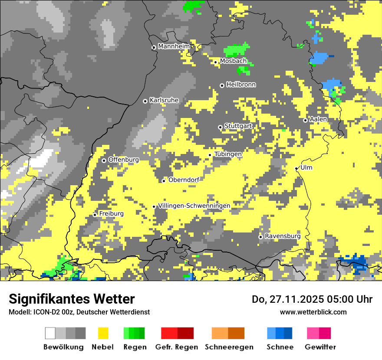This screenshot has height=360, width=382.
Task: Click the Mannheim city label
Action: click(x=174, y=46)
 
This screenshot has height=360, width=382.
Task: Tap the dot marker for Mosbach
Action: click(x=215, y=62)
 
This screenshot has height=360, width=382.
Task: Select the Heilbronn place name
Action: click(x=241, y=85)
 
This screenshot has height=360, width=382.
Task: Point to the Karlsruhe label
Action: click(x=164, y=100)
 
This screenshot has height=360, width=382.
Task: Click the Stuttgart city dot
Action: click(x=220, y=127)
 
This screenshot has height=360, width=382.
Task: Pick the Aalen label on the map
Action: click(x=318, y=119)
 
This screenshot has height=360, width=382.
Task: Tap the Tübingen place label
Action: click(x=228, y=154)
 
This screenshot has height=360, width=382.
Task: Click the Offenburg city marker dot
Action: click(x=104, y=160)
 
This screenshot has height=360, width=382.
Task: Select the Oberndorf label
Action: click(x=184, y=180)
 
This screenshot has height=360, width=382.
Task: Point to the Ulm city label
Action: click(x=306, y=167)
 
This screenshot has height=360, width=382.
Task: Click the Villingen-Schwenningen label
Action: click(x=194, y=206)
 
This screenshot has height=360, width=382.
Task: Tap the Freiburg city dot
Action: click(x=95, y=215)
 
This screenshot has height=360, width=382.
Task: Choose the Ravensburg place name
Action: click(x=283, y=236)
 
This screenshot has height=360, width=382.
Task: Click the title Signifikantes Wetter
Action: click(x=72, y=299)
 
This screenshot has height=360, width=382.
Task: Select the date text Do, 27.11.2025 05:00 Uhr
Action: click(x=312, y=299)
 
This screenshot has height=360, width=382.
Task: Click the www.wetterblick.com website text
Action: click(x=313, y=312)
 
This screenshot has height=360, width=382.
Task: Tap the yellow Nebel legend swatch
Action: click(x=103, y=333)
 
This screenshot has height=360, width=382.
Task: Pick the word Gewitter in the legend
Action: click(x=320, y=347)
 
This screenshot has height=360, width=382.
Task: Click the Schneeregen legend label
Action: click(x=229, y=347)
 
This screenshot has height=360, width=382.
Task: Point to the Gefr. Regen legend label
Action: click(x=177, y=347)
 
